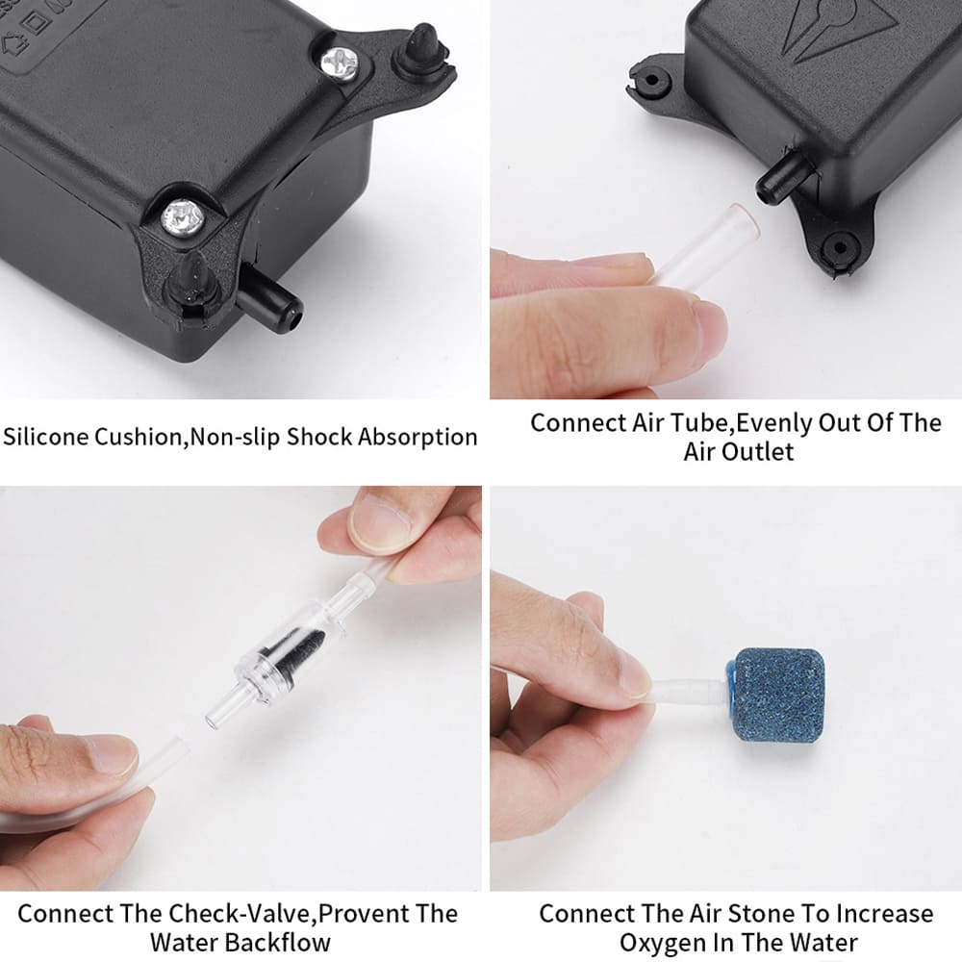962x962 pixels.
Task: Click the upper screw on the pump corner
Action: pyautogui.click(x=341, y=63)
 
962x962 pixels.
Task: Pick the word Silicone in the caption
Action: pyautogui.click(x=47, y=437)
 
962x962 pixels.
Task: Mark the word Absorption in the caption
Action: pyautogui.click(x=418, y=437)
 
